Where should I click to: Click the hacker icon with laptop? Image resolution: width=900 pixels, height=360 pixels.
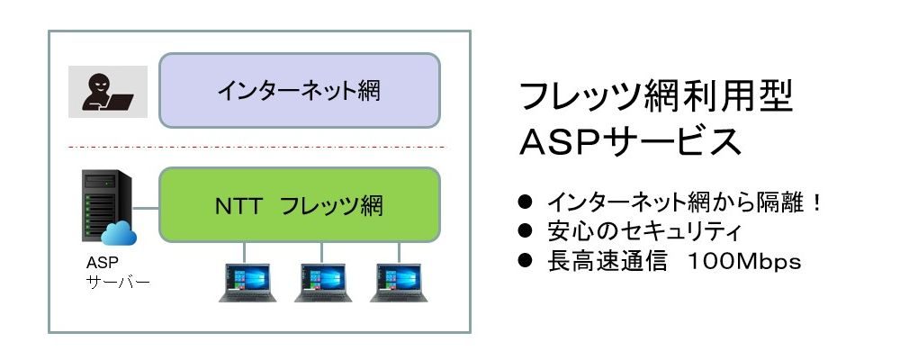pos(108,91)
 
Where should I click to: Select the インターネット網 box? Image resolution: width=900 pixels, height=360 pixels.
pos(300,90)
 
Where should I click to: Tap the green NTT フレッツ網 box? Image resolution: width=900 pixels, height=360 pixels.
pos(300,205)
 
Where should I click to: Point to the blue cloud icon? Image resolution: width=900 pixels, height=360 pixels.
pos(119,234)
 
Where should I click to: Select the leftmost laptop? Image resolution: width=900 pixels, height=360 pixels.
pos(247,283)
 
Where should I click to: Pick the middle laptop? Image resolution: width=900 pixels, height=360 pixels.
pos(323,283)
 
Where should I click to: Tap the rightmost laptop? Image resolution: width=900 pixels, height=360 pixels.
pos(399,283)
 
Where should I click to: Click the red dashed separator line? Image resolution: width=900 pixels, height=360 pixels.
pos(256,148)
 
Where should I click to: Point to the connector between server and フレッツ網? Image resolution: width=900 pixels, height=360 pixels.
pos(146,209)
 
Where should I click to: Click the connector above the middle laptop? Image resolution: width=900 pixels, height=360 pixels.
pos(321,253)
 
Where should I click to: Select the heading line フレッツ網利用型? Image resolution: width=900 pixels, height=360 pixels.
pos(656,96)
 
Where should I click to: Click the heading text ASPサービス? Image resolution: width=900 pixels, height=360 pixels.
pos(630,142)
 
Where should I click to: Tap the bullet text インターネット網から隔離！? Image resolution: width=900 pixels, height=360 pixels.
pos(685,202)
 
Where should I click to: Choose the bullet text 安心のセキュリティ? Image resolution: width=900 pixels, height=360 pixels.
pos(644,231)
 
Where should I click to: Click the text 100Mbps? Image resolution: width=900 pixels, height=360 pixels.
pos(744,262)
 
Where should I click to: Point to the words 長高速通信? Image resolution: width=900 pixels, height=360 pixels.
pos(607,261)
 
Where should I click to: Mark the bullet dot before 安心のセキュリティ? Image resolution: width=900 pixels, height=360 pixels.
pos(526,230)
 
